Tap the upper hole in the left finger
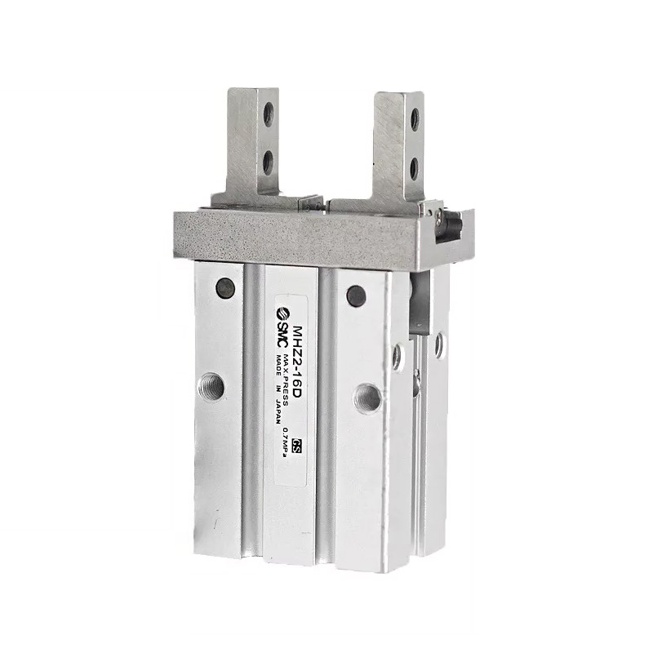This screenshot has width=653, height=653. [x=269, y=116]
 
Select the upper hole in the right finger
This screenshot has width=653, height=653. [x=414, y=120]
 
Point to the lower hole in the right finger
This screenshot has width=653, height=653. [x=414, y=167]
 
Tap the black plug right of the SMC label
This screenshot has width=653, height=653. [x=355, y=294]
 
